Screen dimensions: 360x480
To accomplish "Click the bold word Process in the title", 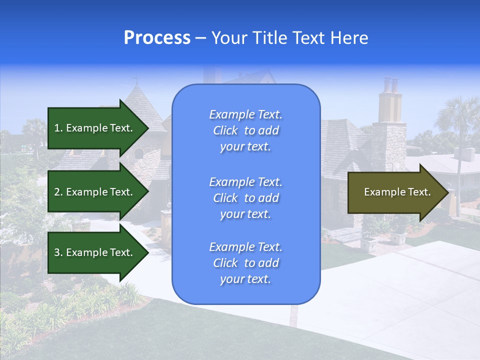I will click(157, 38).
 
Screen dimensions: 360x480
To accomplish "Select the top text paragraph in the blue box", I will click(245, 130).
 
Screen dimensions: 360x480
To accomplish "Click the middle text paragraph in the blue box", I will click(245, 198).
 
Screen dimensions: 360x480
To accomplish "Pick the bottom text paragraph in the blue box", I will click(245, 263).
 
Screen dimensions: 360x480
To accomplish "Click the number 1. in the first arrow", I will click(58, 128).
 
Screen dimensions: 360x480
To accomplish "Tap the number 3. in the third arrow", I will click(58, 252).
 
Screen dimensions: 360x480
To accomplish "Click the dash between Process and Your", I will click(200, 38).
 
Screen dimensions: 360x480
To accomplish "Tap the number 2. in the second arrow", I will click(58, 192).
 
